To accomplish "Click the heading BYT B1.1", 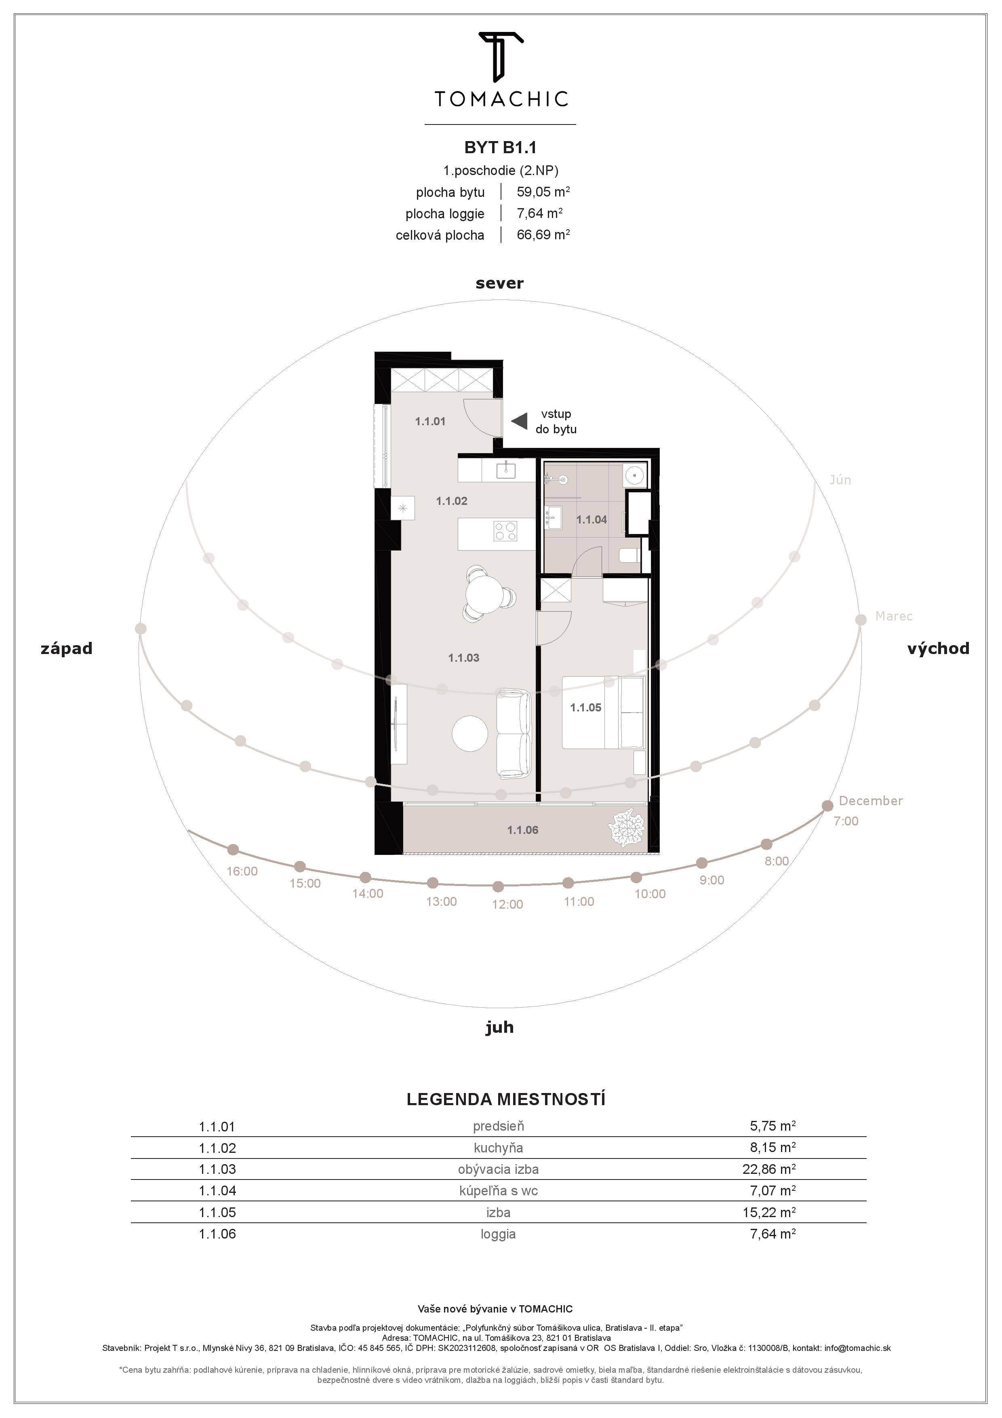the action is coord(500,147).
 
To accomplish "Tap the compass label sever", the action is coord(499,283).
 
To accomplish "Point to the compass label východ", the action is coord(938,648).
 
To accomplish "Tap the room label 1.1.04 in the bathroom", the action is coord(592,520).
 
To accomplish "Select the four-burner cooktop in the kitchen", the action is coord(505,531).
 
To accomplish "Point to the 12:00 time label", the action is coord(507,905).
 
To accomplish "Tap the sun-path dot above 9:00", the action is coord(701,863).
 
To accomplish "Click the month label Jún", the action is coord(840,480).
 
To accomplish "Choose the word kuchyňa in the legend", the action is coord(498,1148).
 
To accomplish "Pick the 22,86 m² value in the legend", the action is coord(768,1169).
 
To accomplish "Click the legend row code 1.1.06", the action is coord(217,1234).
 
